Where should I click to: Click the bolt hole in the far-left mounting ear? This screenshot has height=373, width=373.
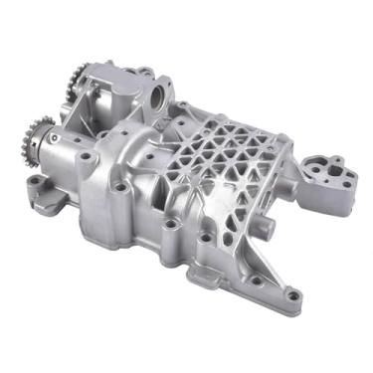point(32,182)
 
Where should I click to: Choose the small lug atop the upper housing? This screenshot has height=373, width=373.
point(146,72)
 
